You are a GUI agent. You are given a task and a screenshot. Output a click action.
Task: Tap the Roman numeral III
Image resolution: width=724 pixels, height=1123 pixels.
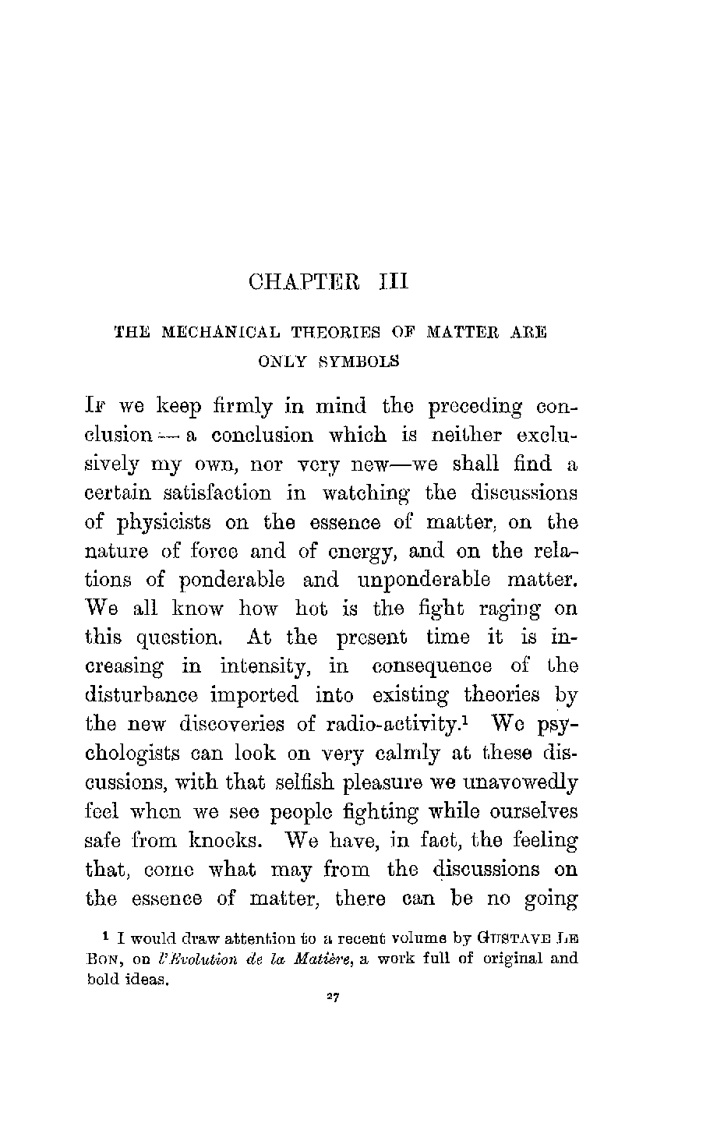394,281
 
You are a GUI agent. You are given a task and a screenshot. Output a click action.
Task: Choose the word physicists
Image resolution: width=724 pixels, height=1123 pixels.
164,523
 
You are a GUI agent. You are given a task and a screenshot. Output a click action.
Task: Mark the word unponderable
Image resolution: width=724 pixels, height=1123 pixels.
423,581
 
